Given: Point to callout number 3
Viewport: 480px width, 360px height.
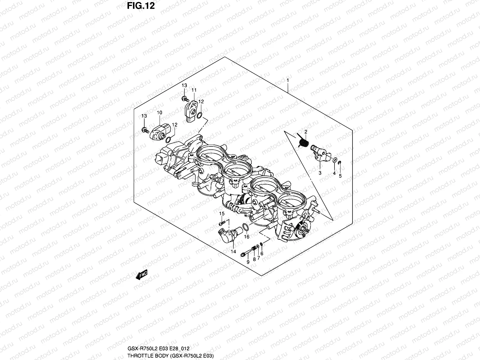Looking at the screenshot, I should click(x=320, y=173).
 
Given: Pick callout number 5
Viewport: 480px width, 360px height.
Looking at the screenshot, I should click(x=340, y=176).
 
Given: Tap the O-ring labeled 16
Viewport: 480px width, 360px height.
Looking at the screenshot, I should click(x=244, y=228).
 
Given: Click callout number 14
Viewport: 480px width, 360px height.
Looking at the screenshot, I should click(x=233, y=251).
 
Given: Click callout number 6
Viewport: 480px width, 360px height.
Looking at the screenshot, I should click(x=262, y=253).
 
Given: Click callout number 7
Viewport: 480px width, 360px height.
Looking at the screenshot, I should click(x=258, y=258).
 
